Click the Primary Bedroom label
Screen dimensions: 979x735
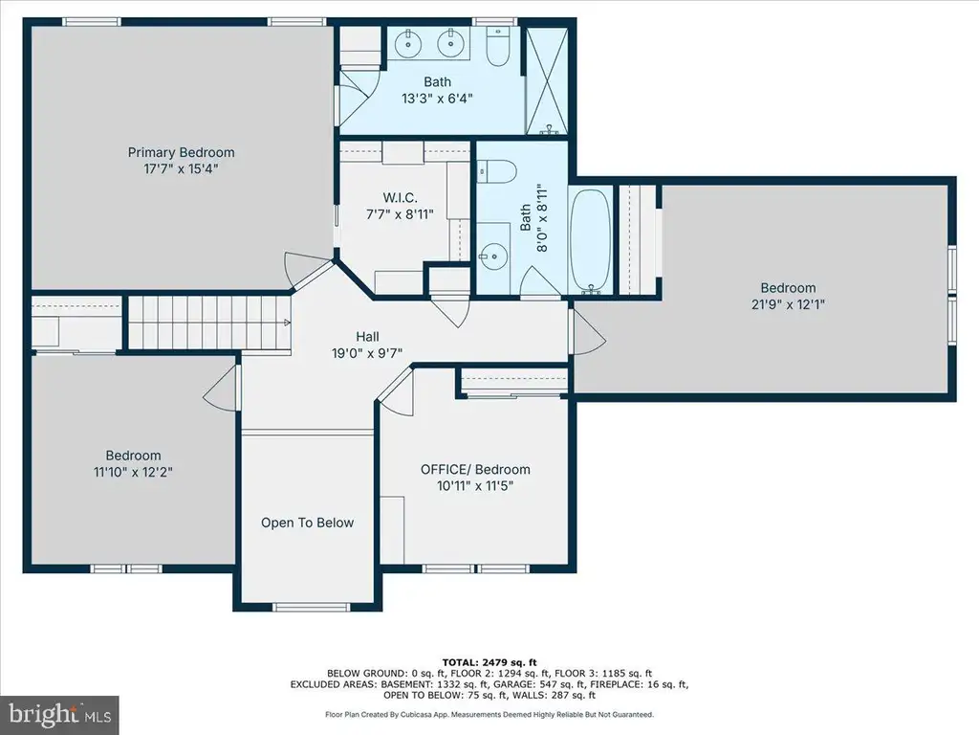(x=181, y=152)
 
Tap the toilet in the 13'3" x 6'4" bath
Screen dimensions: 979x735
(x=497, y=46)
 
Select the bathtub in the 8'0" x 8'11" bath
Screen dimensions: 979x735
(x=590, y=240)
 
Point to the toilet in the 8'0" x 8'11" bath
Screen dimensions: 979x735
(x=497, y=171)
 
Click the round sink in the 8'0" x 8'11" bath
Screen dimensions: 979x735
(x=493, y=256)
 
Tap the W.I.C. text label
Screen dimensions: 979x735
(x=400, y=198)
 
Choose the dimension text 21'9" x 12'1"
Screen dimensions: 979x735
(x=788, y=304)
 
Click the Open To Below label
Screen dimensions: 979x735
(x=307, y=523)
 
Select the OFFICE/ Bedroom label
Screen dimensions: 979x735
(x=475, y=469)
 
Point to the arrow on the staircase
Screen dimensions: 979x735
(x=287, y=323)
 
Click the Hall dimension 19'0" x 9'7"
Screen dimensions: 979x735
(x=367, y=353)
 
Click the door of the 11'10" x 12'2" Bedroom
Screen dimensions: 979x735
(x=222, y=388)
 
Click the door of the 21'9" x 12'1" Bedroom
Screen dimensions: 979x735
(x=588, y=331)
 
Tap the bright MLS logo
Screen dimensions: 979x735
(x=59, y=714)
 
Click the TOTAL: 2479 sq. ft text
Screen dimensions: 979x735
(x=489, y=662)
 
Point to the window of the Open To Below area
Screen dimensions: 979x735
(x=312, y=607)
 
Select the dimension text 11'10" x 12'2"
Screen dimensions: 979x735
(x=133, y=472)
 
